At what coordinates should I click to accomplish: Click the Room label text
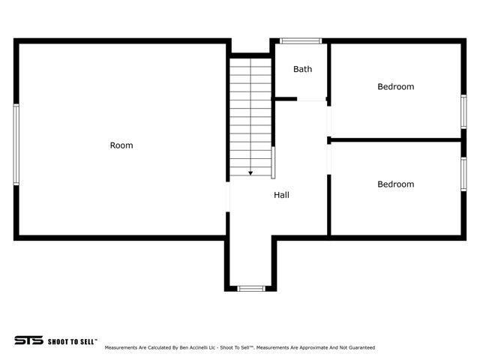[121, 145]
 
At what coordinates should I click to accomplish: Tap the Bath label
[302, 69]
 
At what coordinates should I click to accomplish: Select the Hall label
[281, 195]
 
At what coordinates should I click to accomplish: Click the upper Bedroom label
[395, 86]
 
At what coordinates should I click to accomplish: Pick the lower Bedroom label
[395, 184]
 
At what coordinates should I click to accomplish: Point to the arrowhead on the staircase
[250, 172]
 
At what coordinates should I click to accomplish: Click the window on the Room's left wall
[16, 144]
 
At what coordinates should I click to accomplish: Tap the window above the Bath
[300, 40]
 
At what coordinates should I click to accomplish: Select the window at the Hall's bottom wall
[250, 288]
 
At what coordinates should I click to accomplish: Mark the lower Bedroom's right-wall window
[463, 174]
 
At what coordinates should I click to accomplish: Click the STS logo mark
[28, 340]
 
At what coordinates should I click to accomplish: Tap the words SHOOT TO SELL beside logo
[72, 340]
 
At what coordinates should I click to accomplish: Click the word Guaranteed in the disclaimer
[361, 348]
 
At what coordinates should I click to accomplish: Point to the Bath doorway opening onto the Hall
[312, 99]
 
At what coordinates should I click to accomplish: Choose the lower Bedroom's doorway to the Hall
[328, 159]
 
